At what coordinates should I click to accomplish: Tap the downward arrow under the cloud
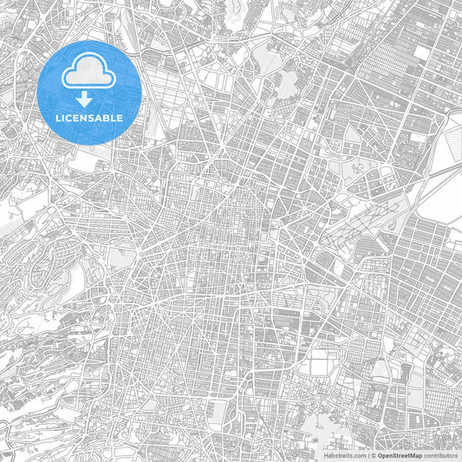tap(89, 100)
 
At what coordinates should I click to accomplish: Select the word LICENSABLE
tap(89, 118)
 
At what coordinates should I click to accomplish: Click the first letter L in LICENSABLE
tap(57, 118)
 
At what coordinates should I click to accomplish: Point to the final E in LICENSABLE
tap(121, 118)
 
